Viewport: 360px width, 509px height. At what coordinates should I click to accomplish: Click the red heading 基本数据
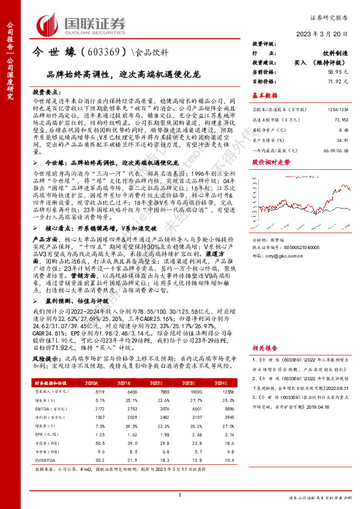tap(264, 96)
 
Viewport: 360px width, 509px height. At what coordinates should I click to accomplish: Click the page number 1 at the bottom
tap(180, 496)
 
